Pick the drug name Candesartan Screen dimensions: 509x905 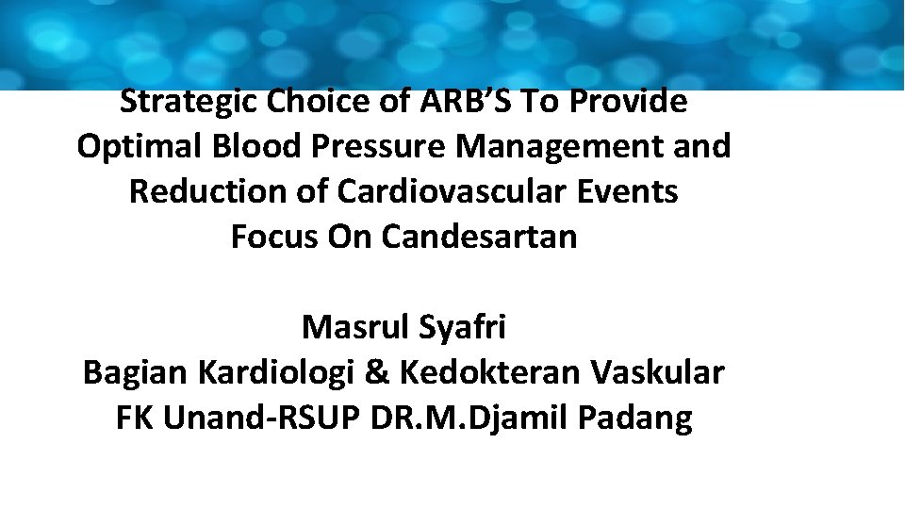[479, 237]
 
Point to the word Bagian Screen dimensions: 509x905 [136, 372]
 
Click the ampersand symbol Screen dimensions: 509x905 [376, 372]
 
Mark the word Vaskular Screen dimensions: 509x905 [658, 372]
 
